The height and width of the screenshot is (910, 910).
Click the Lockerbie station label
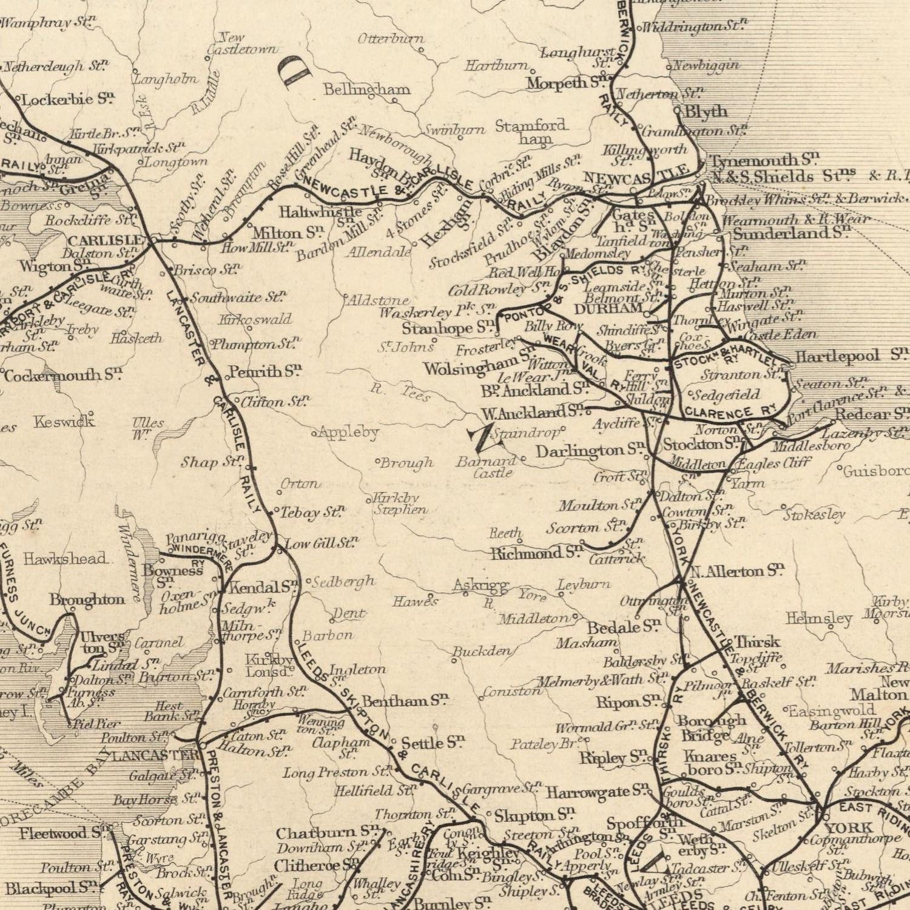68,99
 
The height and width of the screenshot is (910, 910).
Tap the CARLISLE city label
106,240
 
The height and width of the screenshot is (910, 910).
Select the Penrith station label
265,371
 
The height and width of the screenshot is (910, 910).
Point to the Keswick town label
64,420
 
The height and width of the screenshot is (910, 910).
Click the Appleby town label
348,433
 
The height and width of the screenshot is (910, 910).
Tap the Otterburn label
391,39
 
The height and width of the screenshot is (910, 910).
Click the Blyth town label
706,112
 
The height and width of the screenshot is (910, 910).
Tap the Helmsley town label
819,619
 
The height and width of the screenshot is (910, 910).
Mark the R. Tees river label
403,393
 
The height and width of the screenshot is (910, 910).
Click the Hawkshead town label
65,558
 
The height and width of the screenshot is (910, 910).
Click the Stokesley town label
814,515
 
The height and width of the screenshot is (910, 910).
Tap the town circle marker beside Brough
378,462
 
